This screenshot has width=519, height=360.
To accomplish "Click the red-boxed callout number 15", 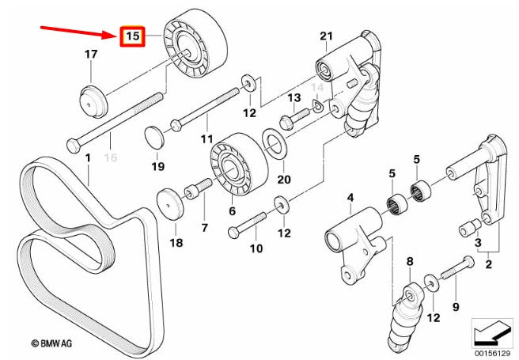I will tap(132, 36).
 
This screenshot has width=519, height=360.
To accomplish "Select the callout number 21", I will tap(326, 35).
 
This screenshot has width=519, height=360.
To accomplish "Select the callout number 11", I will tap(207, 139).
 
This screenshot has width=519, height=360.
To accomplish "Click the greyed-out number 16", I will tap(110, 158).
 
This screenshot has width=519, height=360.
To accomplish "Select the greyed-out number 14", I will tap(317, 86).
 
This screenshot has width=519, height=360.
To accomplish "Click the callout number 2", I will tap(489, 264).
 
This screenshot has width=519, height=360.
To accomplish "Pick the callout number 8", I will tap(410, 260).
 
